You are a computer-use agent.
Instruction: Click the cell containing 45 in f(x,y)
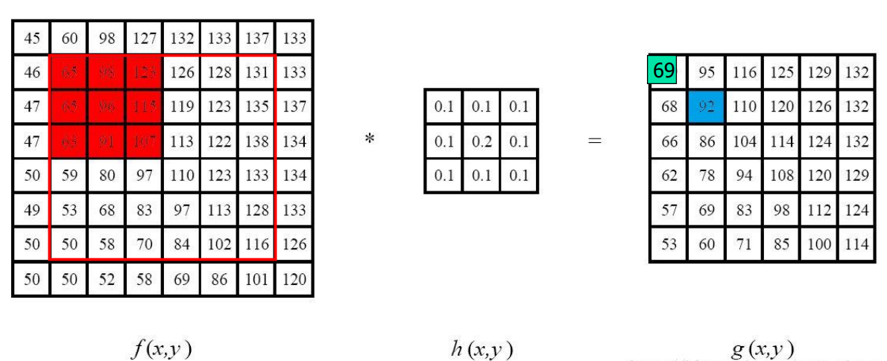[31, 38]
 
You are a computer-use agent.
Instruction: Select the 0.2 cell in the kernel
[481, 141]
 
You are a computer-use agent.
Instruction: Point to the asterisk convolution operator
[369, 139]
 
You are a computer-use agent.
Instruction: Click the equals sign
[594, 140]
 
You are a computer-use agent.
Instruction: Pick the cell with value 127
[144, 38]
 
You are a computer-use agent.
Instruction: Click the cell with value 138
[256, 141]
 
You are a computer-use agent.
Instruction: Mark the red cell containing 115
[144, 106]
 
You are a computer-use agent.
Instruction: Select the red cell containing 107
[144, 141]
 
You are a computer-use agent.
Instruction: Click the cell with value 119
[181, 106]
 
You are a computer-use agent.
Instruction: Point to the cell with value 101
[256, 280]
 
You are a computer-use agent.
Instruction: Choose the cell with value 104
[744, 141]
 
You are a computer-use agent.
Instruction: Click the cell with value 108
[781, 176]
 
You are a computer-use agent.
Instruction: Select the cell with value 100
[819, 244]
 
